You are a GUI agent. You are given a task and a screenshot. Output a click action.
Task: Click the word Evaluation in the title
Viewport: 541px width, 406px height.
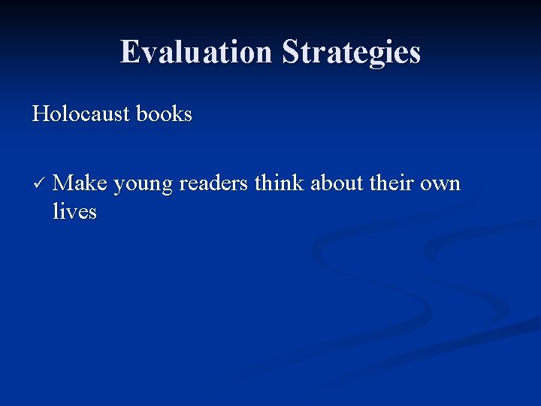[197, 53]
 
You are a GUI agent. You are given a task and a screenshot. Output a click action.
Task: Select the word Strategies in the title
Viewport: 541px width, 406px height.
[351, 53]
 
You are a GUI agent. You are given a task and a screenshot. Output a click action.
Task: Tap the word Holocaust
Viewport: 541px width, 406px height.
[80, 114]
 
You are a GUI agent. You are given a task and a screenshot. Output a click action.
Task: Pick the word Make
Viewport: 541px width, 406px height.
[80, 183]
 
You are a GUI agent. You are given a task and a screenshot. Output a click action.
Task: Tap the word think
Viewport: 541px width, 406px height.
[280, 183]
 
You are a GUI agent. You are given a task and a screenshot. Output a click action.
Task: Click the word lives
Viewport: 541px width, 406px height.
[74, 211]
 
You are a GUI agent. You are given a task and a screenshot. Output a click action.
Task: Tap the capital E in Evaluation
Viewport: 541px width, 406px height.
[130, 53]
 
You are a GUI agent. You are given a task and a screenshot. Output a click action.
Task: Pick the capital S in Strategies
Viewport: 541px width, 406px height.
[290, 53]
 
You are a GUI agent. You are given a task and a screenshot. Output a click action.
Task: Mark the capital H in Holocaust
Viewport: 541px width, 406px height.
[41, 114]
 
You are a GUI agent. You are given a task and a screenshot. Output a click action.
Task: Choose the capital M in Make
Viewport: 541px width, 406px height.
[63, 183]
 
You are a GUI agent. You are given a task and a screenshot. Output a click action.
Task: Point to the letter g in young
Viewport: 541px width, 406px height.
[165, 186]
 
